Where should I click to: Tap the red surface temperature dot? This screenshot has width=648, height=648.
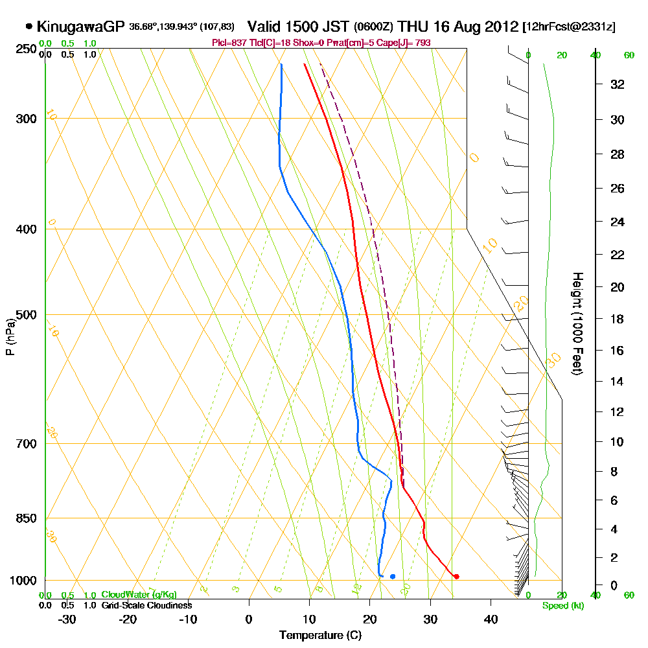(x=457, y=576)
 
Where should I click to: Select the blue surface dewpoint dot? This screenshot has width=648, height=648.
(x=393, y=576)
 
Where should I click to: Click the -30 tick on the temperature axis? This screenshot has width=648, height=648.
(x=67, y=618)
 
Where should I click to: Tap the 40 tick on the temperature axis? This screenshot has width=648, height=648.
(x=491, y=618)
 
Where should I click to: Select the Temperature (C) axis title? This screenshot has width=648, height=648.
(x=320, y=636)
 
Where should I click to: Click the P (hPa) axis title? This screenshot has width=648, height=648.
(x=10, y=337)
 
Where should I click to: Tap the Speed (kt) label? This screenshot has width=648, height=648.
(x=562, y=606)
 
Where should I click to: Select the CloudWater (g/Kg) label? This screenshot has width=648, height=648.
(x=139, y=595)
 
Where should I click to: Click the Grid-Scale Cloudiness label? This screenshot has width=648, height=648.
(x=146, y=605)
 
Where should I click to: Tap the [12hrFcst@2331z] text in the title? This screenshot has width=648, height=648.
(x=568, y=27)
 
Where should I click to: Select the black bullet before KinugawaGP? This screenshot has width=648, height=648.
(x=29, y=27)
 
